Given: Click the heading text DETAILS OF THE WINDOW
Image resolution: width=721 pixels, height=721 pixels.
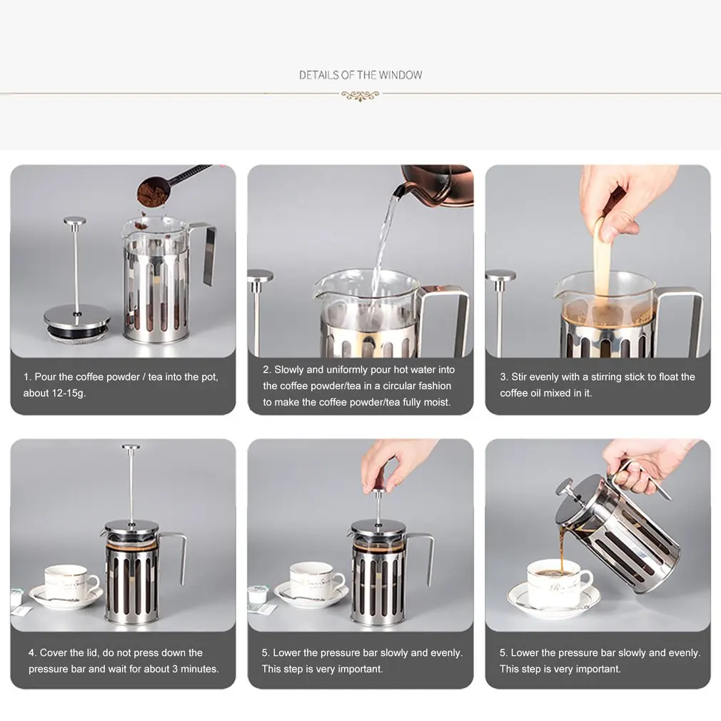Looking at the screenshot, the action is (360, 75).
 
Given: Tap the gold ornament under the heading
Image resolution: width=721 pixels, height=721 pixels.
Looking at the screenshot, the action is (360, 96).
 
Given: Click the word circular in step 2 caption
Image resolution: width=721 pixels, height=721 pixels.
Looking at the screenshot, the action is (404, 385).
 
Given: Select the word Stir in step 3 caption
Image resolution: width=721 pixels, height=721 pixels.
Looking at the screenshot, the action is (519, 377).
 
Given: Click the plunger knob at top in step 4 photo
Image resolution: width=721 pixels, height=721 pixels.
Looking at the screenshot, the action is (131, 446).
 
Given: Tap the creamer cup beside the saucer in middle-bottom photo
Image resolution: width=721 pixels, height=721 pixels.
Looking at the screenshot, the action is (256, 595).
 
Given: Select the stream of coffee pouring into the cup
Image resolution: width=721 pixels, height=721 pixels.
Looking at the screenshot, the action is (561, 550).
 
